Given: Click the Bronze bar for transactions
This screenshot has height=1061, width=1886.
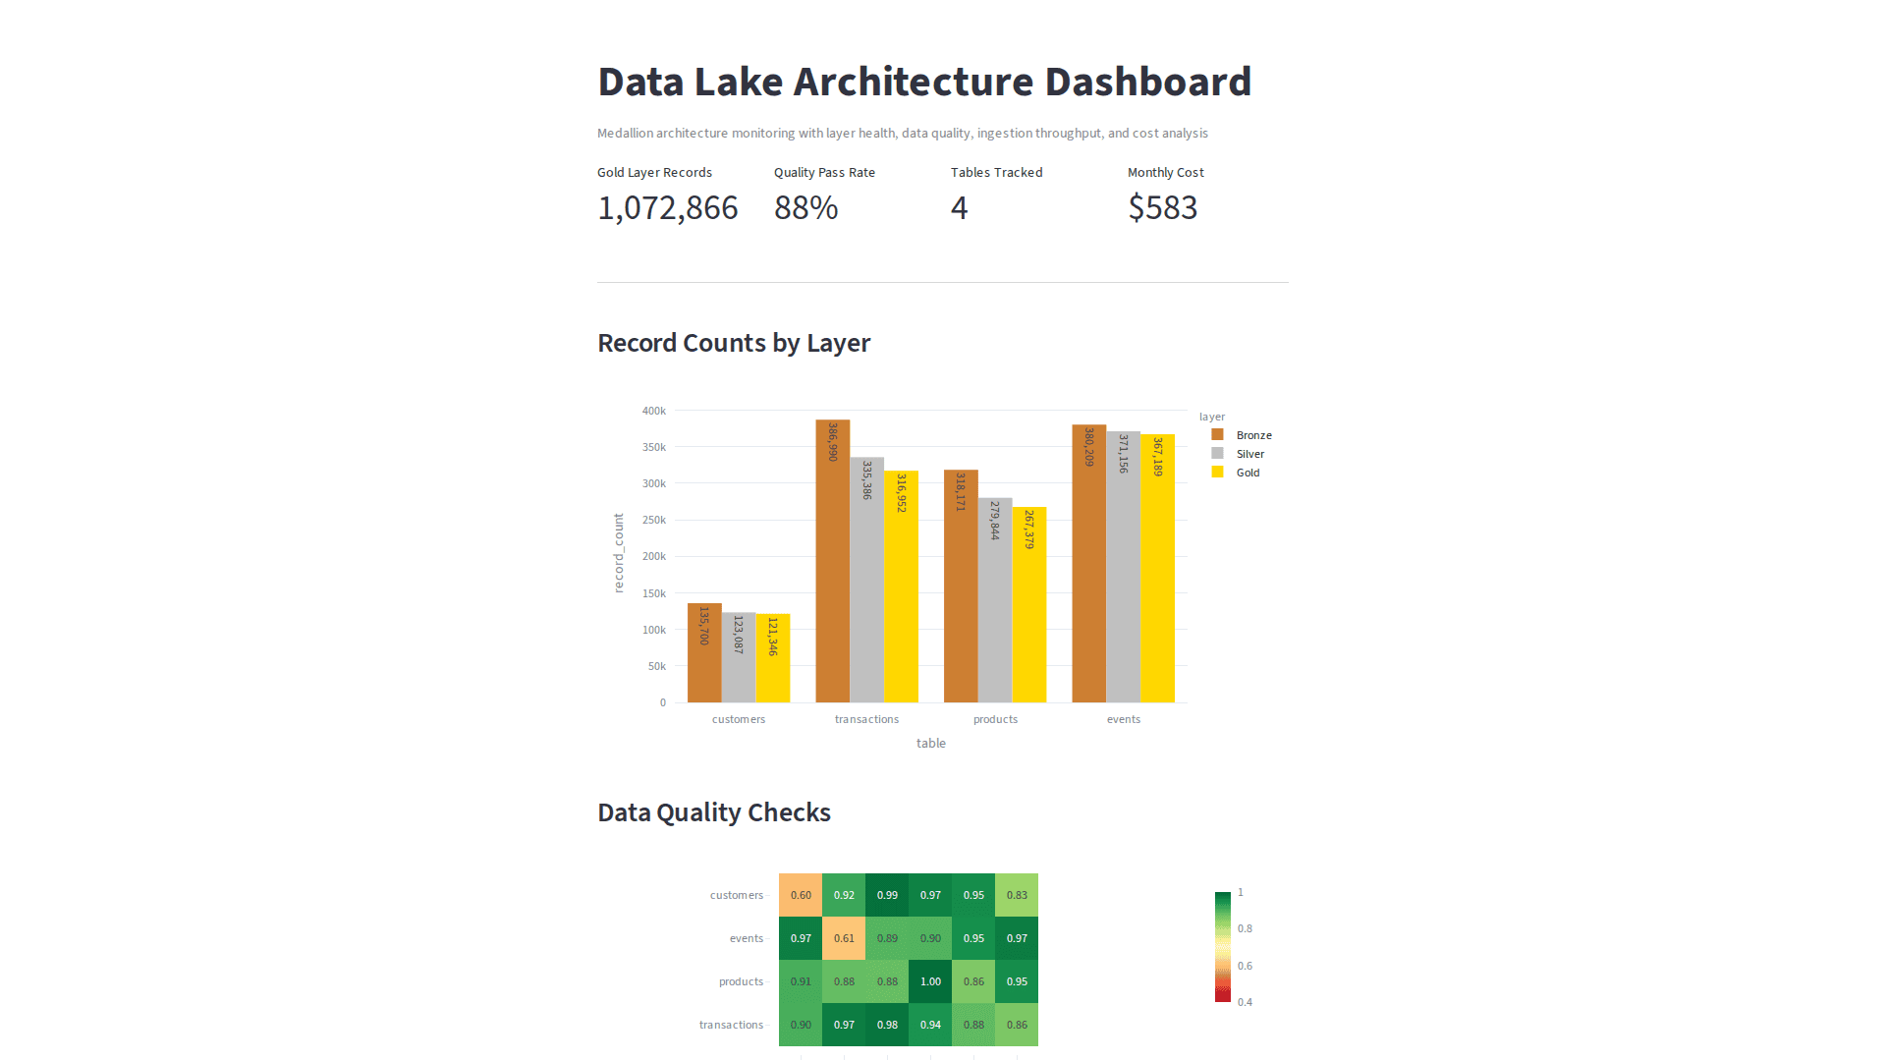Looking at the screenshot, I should click(x=832, y=561).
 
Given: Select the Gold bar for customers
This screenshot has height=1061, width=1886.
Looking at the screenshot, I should click(x=773, y=658).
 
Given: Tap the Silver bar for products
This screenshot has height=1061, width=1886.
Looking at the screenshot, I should click(x=994, y=600).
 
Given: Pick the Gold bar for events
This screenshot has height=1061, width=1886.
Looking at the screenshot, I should click(x=1157, y=569).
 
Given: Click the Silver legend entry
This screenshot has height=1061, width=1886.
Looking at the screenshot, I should click(x=1249, y=454).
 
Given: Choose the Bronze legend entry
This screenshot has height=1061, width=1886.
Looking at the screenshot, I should click(x=1253, y=435).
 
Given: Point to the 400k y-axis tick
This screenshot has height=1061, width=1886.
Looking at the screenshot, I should click(x=654, y=411).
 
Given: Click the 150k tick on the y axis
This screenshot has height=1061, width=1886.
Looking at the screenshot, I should click(x=654, y=593).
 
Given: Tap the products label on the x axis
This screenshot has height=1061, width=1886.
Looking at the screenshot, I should click(x=995, y=719).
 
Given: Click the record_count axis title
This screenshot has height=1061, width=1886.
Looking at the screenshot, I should click(x=619, y=552).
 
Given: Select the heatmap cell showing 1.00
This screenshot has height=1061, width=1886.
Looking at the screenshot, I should click(x=930, y=981).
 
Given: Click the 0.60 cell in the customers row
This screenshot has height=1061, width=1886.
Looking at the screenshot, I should click(x=801, y=895).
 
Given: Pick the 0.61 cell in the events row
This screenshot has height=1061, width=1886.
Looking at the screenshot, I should click(x=844, y=938).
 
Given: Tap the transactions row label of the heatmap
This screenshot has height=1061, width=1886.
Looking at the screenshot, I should click(x=731, y=1025).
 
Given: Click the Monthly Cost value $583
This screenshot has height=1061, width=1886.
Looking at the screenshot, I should click(x=1162, y=207).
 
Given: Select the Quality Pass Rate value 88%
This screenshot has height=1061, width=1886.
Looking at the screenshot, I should click(x=805, y=207).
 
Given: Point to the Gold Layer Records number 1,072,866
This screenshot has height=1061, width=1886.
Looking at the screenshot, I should click(x=667, y=207).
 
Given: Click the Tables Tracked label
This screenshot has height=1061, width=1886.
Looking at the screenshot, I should click(x=996, y=172).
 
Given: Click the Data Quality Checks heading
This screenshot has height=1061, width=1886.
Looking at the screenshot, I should click(x=713, y=812).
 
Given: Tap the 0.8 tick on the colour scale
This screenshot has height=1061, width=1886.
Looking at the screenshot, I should click(x=1245, y=928).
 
